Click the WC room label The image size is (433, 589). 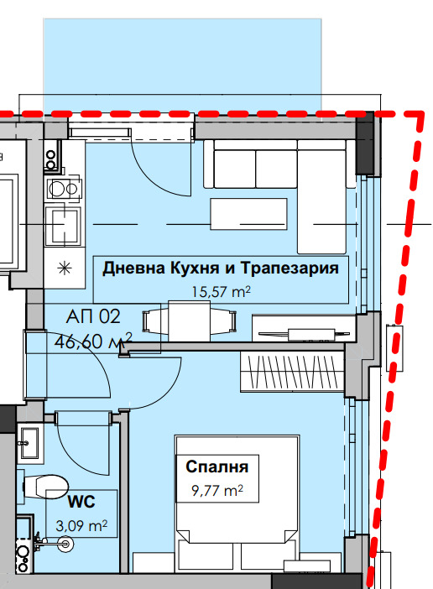[81, 503]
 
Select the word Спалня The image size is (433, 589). [216, 467]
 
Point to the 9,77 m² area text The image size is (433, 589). [216, 490]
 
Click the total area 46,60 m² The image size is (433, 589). [93, 341]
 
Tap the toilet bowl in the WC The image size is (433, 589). [46, 486]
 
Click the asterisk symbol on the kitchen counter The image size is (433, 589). [63, 268]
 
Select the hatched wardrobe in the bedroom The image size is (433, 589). [291, 370]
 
